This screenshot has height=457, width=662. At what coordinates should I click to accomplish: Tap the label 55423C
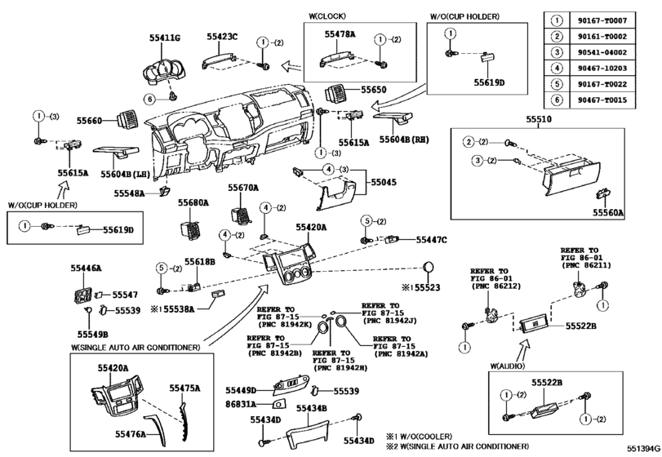221,37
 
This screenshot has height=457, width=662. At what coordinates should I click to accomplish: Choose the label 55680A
193,202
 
